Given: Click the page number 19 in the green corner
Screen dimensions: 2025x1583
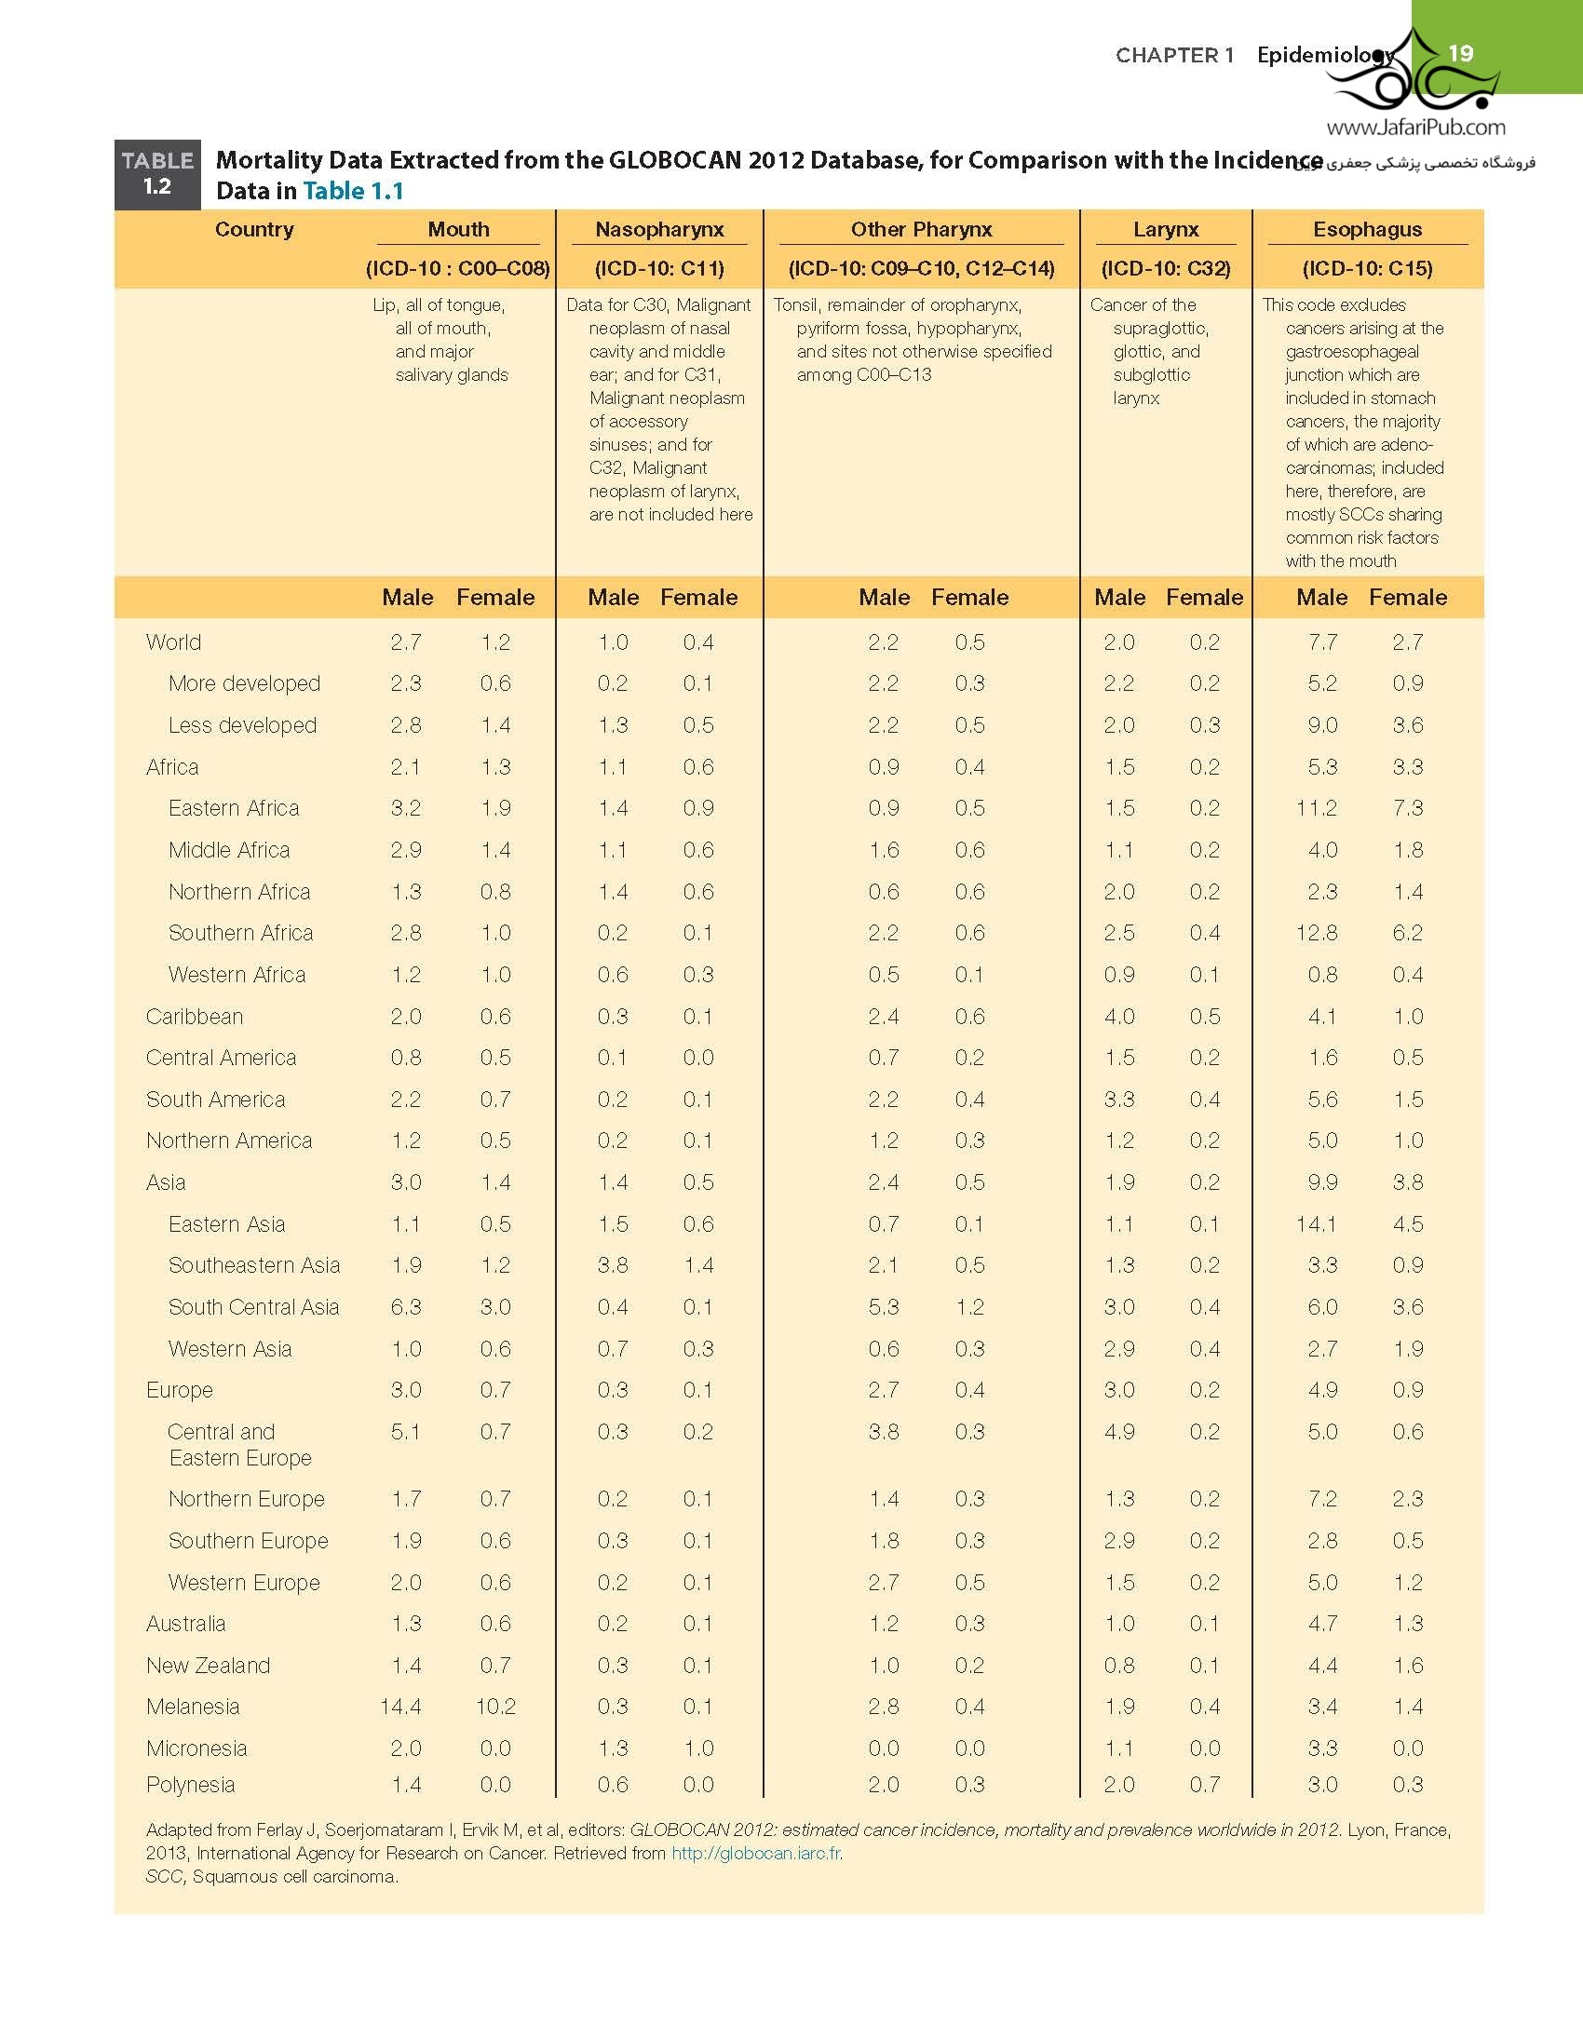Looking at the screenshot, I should point(1461,53).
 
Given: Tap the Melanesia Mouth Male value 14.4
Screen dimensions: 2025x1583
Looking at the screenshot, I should point(400,1706).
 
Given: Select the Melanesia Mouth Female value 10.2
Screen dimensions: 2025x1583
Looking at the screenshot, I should point(494,1706).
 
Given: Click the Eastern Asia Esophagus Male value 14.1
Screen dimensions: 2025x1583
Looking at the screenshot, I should point(1316,1223).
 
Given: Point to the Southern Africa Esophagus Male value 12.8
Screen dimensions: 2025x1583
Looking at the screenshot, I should point(1316,932).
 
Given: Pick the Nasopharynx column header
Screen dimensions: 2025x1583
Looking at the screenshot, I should point(659,229).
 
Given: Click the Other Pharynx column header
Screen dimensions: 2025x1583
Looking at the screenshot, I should point(921,229).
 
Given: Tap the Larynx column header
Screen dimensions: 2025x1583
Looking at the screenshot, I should point(1166,229).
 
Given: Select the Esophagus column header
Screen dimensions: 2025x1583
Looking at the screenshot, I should point(1367,229).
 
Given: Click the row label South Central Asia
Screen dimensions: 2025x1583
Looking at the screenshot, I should point(253,1306).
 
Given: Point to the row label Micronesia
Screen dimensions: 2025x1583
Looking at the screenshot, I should point(196,1748).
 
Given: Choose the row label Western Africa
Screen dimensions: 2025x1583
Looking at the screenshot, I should point(237,974).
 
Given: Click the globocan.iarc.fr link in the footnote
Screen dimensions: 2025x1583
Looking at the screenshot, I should point(756,1852).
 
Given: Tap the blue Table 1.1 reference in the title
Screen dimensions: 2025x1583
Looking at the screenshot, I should point(353,191).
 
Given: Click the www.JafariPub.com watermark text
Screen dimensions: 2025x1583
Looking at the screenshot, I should point(1415,128).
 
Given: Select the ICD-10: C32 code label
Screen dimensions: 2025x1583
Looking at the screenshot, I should point(1166,268).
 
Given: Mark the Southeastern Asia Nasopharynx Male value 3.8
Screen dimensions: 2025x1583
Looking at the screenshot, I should point(613,1264).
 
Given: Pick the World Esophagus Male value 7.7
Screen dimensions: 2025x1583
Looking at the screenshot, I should point(1322,641).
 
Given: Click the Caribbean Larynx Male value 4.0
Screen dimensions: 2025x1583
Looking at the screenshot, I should point(1118,1016).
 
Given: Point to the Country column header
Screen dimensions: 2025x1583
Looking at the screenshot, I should point(254,229).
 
